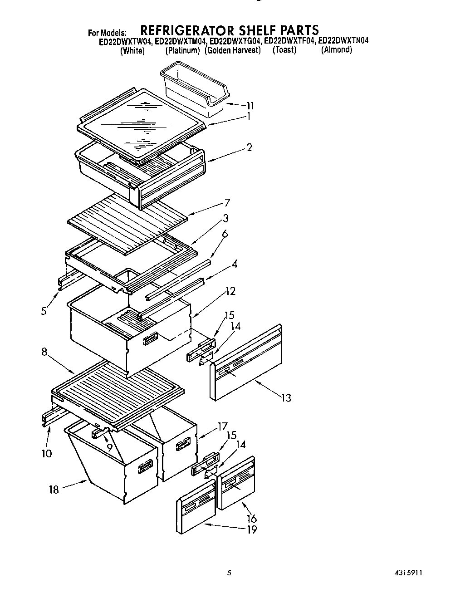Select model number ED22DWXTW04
click(125, 41)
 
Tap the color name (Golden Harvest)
click(233, 50)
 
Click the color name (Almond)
click(336, 50)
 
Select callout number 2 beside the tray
click(249, 147)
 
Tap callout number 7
click(227, 202)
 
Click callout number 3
click(225, 218)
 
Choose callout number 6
click(225, 234)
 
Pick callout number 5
click(44, 311)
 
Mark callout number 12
click(230, 291)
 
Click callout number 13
click(286, 398)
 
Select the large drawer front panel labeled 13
click(247, 363)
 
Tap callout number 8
click(44, 352)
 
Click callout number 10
click(47, 453)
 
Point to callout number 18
click(54, 490)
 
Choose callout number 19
click(252, 529)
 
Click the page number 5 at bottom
click(229, 573)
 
